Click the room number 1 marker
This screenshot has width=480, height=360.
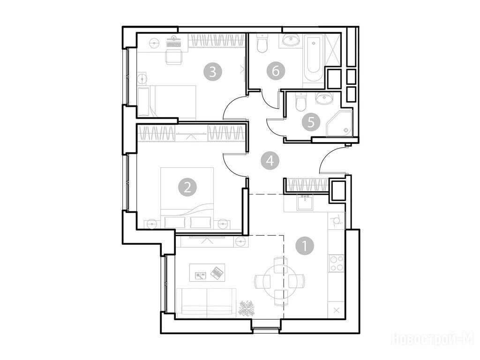[x=305, y=246]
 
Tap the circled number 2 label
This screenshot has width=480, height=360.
[x=187, y=187]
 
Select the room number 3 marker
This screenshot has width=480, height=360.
[x=213, y=72]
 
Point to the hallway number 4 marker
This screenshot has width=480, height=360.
[x=270, y=161]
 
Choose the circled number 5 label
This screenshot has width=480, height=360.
[x=311, y=122]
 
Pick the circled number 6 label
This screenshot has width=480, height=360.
[x=276, y=71]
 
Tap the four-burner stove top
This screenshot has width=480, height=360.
[x=337, y=263]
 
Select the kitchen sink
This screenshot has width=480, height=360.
[x=305, y=202]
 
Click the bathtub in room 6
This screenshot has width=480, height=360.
[x=313, y=58]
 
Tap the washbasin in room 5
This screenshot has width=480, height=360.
[x=323, y=98]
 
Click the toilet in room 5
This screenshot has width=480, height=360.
[x=301, y=102]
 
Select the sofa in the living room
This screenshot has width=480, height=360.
[x=206, y=302]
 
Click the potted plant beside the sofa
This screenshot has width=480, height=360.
[x=247, y=308]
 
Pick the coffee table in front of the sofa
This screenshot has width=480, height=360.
[x=207, y=272]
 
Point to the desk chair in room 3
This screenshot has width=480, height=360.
[x=173, y=57]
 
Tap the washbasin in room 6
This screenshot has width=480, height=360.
[x=291, y=40]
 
